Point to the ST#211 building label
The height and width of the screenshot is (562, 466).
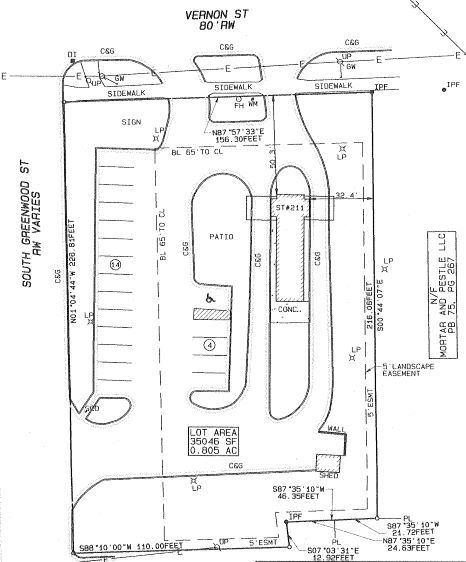(x=289, y=209)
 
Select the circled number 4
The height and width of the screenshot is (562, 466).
(x=208, y=345)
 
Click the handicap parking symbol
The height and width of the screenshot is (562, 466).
(x=209, y=296)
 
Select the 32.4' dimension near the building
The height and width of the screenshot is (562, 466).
(x=346, y=195)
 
